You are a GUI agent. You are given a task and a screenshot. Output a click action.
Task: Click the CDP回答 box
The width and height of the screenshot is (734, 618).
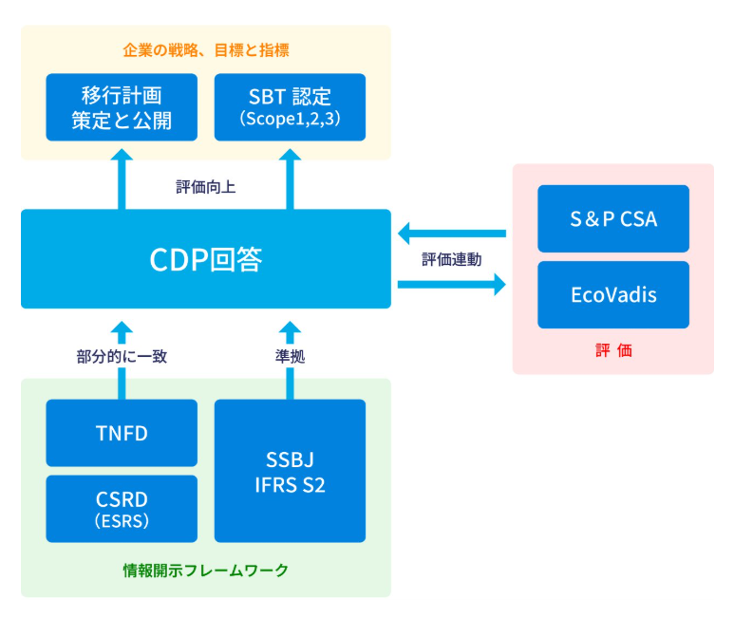pyautogui.click(x=206, y=259)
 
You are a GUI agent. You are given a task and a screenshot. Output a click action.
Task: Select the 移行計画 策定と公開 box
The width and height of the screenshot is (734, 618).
pyautogui.click(x=122, y=107)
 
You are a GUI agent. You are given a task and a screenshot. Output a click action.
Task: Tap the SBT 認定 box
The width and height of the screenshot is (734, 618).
pyautogui.click(x=290, y=107)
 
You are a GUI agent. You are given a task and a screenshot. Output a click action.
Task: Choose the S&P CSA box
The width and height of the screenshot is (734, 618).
pyautogui.click(x=613, y=218)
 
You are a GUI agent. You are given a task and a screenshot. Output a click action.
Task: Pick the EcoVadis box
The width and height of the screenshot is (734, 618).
pyautogui.click(x=613, y=294)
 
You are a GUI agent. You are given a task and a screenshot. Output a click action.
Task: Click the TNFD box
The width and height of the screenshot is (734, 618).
pyautogui.click(x=122, y=433)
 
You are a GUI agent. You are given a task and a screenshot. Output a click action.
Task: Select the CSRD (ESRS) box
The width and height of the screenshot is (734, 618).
pyautogui.click(x=122, y=509)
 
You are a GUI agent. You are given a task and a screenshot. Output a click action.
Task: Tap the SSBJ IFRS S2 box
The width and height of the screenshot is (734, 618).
pyautogui.click(x=290, y=471)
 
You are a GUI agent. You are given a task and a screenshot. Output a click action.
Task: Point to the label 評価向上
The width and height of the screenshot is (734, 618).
pyautogui.click(x=205, y=187)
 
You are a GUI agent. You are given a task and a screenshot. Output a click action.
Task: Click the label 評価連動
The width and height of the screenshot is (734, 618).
pyautogui.click(x=452, y=259)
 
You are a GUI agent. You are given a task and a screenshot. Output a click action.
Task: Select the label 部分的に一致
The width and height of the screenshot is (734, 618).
pyautogui.click(x=122, y=357)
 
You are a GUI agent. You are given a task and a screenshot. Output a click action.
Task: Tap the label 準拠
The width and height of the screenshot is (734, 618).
pyautogui.click(x=290, y=357)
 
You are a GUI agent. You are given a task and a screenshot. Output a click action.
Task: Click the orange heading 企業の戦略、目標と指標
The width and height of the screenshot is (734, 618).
pyautogui.click(x=206, y=50)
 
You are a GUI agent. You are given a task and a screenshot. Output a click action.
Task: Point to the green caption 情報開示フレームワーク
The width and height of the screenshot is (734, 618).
pyautogui.click(x=206, y=571)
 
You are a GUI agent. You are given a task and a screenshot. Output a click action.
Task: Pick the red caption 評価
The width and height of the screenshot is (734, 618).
pyautogui.click(x=613, y=350)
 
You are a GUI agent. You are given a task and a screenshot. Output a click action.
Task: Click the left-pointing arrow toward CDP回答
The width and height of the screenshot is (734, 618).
pyautogui.click(x=452, y=234)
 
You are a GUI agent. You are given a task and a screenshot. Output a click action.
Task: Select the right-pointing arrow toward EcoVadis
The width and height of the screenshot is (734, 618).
pyautogui.click(x=452, y=285)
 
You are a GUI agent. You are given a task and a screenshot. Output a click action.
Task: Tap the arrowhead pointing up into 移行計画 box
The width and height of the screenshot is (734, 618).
pyautogui.click(x=122, y=155)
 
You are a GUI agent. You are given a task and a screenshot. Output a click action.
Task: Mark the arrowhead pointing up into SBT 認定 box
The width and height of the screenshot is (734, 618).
pyautogui.click(x=290, y=155)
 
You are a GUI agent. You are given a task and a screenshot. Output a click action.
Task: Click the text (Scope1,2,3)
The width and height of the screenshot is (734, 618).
pyautogui.click(x=290, y=119)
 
